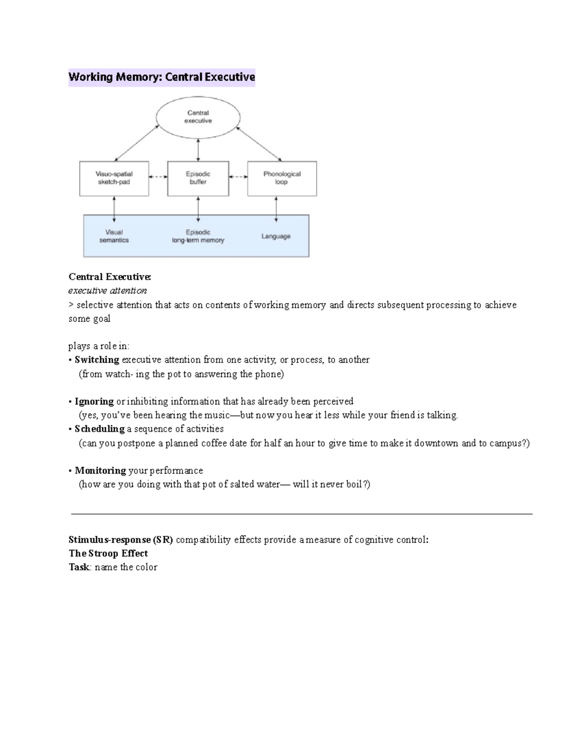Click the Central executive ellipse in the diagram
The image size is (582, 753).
198,117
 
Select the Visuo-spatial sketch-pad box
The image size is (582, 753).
114,178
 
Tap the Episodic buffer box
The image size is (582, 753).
198,178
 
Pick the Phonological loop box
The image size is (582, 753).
282,178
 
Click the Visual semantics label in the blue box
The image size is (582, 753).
114,236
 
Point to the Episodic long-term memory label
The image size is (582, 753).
198,236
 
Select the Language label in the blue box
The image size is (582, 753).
276,236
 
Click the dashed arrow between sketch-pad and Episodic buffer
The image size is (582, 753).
158,177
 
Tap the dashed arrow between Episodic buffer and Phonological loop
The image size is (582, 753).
238,177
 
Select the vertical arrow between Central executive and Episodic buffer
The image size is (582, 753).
198,149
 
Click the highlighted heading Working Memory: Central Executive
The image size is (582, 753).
162,77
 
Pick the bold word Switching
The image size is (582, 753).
97,360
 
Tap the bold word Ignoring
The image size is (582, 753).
94,401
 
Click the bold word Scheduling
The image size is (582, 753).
99,429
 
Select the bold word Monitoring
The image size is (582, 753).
100,471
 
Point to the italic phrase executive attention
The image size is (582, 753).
107,291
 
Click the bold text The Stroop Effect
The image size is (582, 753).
108,553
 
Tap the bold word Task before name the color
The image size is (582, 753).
79,567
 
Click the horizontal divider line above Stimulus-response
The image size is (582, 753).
302,513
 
